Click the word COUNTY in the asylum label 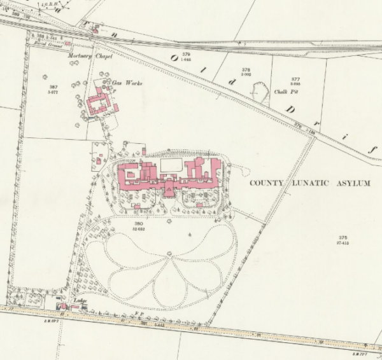click(264, 183)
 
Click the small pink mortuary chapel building click(95, 28)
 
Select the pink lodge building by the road click(64, 307)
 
